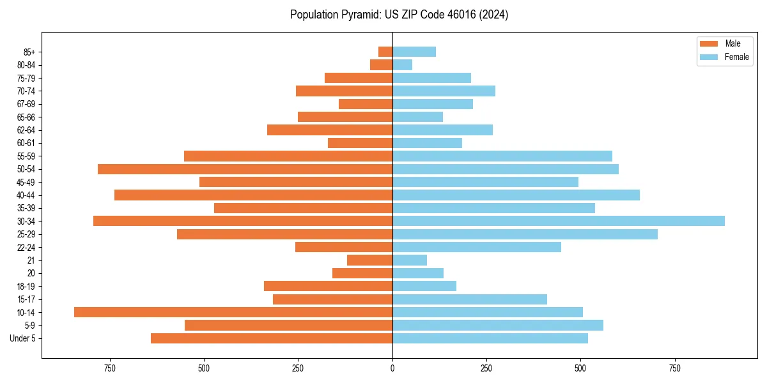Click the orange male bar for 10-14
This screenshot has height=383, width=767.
pos(233,312)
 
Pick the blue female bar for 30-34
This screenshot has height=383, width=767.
pos(559,221)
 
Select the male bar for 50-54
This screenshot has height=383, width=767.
pos(245,169)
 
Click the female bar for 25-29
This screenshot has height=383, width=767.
pos(525,234)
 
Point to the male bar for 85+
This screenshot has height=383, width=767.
pos(385,52)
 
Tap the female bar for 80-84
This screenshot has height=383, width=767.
pos(402,64)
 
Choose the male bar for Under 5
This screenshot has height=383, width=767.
pos(272,338)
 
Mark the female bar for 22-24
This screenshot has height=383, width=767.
pos(477,247)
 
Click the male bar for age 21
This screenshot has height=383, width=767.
pos(369,260)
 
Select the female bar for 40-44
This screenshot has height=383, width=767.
pos(516,195)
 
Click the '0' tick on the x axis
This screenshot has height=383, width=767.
pos(392,369)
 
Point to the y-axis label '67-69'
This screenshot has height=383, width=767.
pos(26,104)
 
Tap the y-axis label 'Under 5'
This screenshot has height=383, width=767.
pos(23,338)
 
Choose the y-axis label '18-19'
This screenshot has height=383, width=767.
pos(26,286)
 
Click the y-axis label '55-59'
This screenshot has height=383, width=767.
pos(26,156)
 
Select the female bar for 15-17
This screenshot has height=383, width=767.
pos(470,299)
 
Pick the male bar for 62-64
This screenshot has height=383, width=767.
pos(330,130)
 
